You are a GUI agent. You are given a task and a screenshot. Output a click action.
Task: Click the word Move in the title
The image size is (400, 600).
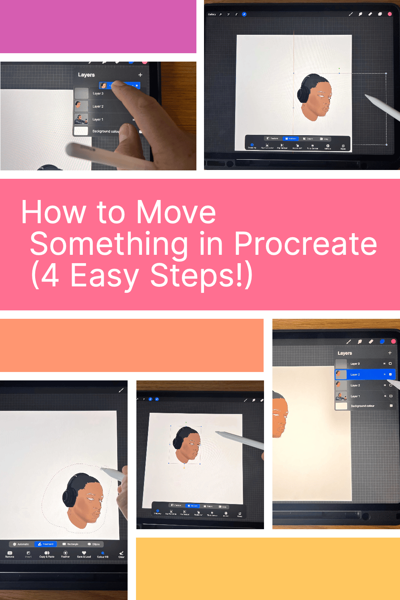[176, 212]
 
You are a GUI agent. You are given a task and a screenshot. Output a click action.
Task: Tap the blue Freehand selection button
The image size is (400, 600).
[46, 544]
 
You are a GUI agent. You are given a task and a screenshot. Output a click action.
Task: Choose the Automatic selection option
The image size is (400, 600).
[21, 544]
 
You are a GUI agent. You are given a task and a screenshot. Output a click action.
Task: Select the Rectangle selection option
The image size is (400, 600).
[70, 544]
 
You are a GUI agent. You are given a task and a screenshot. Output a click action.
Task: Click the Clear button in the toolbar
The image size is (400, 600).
[121, 554]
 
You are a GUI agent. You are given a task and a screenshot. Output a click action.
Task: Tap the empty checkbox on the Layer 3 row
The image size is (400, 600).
[390, 364]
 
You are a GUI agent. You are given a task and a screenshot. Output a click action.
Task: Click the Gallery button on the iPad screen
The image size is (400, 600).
[212, 14]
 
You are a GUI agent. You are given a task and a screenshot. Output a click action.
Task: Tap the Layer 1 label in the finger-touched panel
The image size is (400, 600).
[98, 120]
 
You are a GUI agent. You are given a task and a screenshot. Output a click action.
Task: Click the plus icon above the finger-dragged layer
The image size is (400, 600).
[140, 75]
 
